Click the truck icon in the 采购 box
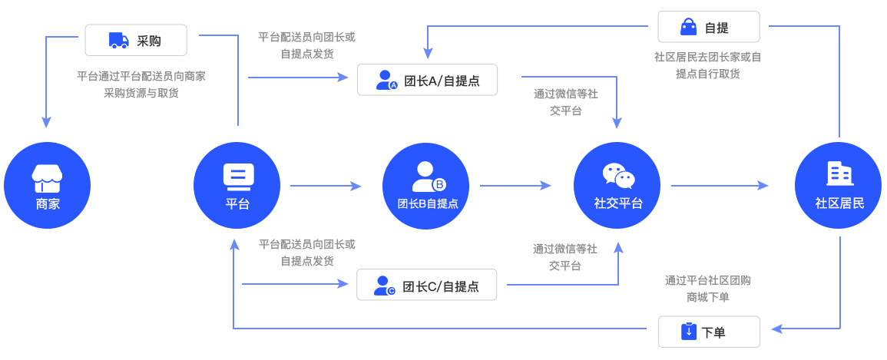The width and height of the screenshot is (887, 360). coord(118,40)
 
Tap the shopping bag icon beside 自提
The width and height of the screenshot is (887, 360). coord(688,27)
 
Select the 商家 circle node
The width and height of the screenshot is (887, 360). coord(47,186)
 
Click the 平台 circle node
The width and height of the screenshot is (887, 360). coord(237,186)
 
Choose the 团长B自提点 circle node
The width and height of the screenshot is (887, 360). coord(426,186)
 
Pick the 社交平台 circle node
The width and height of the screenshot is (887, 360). coord(617,186)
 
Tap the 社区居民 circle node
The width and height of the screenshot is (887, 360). coord(838,186)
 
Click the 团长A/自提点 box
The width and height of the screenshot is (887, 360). coord(427,80)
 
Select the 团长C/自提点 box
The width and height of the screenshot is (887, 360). coord(426,286)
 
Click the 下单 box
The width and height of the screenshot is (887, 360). coord(709,332)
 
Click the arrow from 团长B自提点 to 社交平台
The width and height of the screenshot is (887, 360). coord(515,186)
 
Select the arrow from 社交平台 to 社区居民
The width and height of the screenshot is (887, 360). coord(720,186)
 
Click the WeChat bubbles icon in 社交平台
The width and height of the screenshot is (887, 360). coord(618,176)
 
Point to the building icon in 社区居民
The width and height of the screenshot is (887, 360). coord(839,173)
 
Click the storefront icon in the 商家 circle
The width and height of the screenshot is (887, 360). coord(47,178)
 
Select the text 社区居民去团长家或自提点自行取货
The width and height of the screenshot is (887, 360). coord(708,65)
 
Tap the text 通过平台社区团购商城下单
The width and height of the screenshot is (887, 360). coord(708,289)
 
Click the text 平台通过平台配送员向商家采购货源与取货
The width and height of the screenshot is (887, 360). coord(141,84)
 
